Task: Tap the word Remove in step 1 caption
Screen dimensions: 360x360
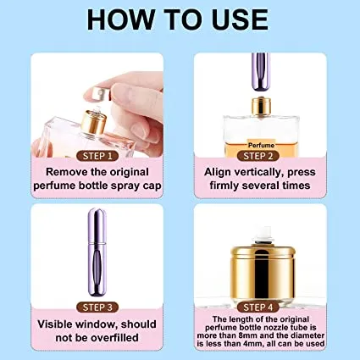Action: click(x=58, y=171)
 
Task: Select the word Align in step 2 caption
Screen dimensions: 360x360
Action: click(x=222, y=171)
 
